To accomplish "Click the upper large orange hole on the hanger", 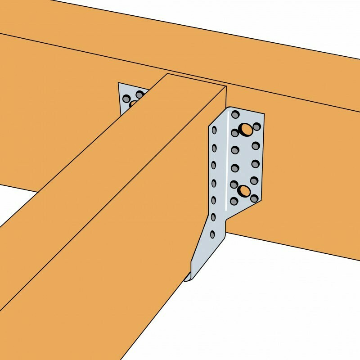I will (x=246, y=129).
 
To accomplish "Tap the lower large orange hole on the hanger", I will (x=244, y=191).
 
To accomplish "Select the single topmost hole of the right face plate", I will (x=235, y=115).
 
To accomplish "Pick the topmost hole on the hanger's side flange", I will (x=214, y=130).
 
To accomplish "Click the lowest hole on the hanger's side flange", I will (x=212, y=234).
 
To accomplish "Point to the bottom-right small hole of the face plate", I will (x=254, y=198).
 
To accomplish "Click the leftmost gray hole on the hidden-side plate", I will (x=126, y=98).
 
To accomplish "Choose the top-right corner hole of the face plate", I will (x=256, y=127).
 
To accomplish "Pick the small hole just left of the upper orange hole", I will (x=235, y=133).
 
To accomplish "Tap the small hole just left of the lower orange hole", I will (x=234, y=184).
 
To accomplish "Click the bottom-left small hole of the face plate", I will (x=234, y=201).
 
